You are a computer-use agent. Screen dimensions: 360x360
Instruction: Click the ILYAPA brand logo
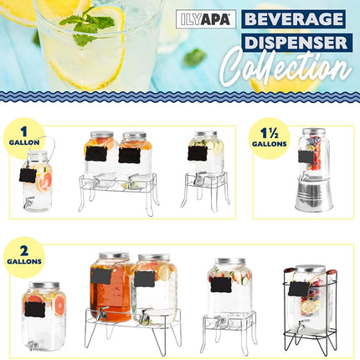click(x=206, y=19)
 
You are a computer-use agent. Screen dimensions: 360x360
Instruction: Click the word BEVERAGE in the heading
click(x=294, y=19)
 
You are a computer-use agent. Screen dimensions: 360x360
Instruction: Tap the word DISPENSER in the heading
click(x=296, y=43)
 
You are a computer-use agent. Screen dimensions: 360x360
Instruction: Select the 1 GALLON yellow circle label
click(x=24, y=136)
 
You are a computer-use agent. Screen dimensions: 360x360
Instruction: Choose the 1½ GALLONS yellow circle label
click(x=270, y=138)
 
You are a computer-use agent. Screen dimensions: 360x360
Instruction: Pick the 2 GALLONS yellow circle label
click(x=24, y=257)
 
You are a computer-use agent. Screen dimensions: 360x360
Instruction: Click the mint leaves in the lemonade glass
click(x=87, y=28)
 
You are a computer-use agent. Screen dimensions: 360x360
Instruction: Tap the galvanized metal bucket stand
click(x=314, y=195)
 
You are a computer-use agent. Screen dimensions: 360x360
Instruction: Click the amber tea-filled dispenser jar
click(x=111, y=287)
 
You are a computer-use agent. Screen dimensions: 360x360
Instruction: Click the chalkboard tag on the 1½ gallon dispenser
click(x=306, y=157)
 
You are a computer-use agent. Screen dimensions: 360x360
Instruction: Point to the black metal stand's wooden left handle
click(x=289, y=270)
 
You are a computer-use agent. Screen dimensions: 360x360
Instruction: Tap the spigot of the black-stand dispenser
click(x=301, y=325)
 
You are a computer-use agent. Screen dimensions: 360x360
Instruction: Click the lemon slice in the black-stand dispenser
click(x=310, y=307)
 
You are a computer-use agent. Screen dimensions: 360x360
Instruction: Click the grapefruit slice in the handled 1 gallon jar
click(x=44, y=182)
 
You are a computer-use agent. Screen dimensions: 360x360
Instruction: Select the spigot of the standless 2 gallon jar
click(x=33, y=346)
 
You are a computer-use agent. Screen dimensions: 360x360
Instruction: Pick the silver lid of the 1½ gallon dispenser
click(x=314, y=131)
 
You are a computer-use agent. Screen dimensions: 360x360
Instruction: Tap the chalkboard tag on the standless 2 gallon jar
click(x=34, y=309)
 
